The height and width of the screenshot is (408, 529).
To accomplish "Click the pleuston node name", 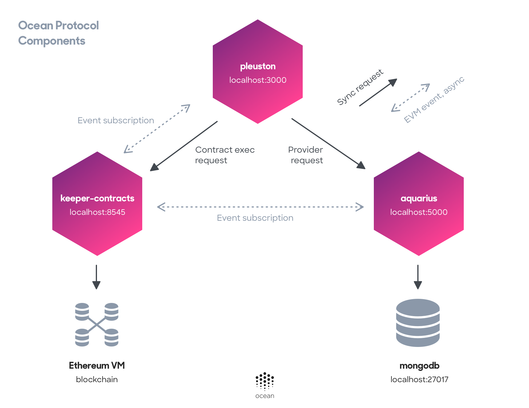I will pyautogui.click(x=258, y=66).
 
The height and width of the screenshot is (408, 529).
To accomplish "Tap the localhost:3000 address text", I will pyautogui.click(x=258, y=80).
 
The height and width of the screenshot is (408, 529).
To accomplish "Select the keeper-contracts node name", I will pyautogui.click(x=97, y=198).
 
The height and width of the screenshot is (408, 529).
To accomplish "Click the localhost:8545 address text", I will pyautogui.click(x=97, y=212).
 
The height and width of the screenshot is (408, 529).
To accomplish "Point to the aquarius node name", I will pyautogui.click(x=419, y=198).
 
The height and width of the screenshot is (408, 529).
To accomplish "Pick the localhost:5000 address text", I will pyautogui.click(x=419, y=212).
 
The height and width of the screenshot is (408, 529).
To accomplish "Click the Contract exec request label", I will pyautogui.click(x=225, y=155).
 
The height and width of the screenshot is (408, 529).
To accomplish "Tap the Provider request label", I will pyautogui.click(x=306, y=155).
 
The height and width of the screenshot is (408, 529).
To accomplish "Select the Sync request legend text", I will pyautogui.click(x=360, y=87).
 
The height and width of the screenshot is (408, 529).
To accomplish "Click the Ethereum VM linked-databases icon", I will pyautogui.click(x=97, y=325).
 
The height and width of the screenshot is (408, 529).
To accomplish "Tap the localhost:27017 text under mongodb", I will pyautogui.click(x=419, y=380).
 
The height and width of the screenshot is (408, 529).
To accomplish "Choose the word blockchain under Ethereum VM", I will pyautogui.click(x=97, y=380).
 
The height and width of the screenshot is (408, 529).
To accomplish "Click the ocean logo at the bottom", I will pyautogui.click(x=265, y=385).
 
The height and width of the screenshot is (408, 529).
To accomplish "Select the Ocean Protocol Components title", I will pyautogui.click(x=58, y=33).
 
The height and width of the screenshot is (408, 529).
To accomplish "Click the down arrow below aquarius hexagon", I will pyautogui.click(x=418, y=277).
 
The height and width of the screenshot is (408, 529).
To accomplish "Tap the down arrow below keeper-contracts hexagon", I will pyautogui.click(x=96, y=277).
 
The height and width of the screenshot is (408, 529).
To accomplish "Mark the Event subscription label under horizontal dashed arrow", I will pyautogui.click(x=255, y=218).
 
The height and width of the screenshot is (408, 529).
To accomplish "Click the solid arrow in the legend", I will pyautogui.click(x=378, y=92).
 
